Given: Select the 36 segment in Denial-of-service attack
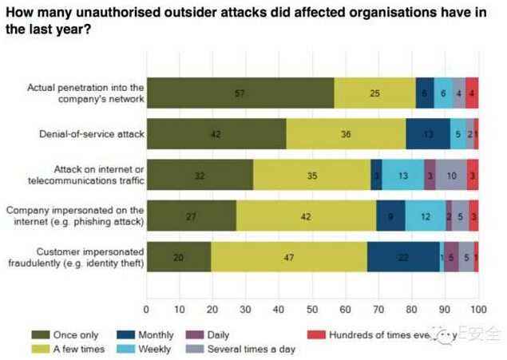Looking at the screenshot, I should [x=346, y=133].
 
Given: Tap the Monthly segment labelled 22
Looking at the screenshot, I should [x=403, y=257].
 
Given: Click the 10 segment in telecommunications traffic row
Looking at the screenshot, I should [x=451, y=175].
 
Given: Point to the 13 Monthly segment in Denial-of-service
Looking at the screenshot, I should [x=428, y=133].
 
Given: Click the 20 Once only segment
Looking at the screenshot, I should [x=180, y=257].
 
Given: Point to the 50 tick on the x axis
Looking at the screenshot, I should [x=312, y=308].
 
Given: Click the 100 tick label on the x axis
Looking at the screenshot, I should [x=478, y=308].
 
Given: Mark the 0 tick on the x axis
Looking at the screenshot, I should [x=146, y=308].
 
